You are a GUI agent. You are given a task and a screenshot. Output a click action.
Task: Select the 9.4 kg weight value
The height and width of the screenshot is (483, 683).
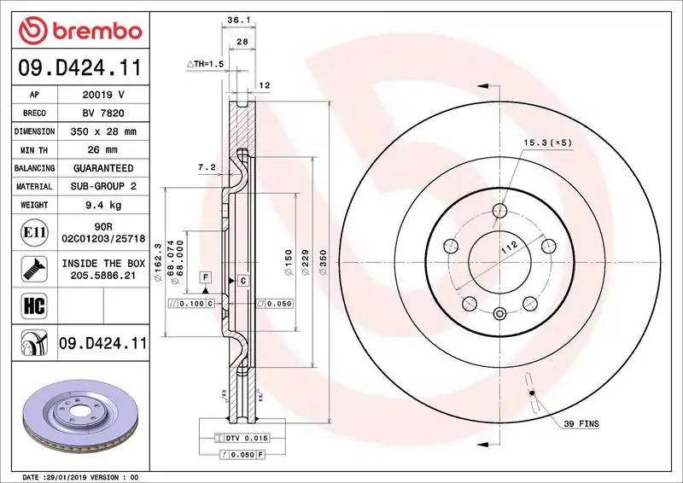tap(102, 205)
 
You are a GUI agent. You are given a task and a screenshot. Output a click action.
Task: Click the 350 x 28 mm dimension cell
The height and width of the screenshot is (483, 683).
tap(102, 131)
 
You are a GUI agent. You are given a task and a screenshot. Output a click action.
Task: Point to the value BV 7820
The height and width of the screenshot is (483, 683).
tap(102, 113)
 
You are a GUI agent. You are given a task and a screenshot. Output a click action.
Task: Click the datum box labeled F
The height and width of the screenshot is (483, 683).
tap(206, 276)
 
